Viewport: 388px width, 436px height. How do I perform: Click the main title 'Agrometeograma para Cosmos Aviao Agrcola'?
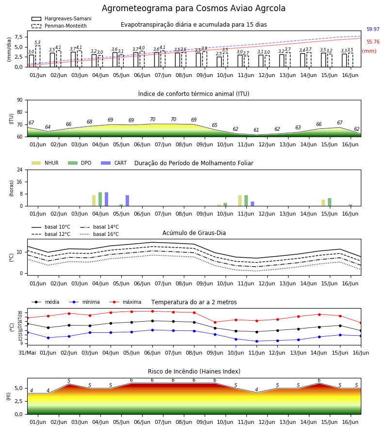pyautogui.click(x=194, y=8)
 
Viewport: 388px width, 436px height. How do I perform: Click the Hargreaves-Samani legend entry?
pyautogui.click(x=62, y=18)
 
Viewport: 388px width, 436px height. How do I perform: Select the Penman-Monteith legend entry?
pyautogui.click(x=59, y=26)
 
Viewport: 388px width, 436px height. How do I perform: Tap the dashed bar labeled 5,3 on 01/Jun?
pyautogui.click(x=38, y=57)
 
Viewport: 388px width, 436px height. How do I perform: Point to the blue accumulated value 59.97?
pyautogui.click(x=373, y=29)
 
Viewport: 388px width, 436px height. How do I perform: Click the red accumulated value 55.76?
pyautogui.click(x=373, y=42)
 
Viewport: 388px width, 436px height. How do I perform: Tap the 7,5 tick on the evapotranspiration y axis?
pyautogui.click(x=18, y=37)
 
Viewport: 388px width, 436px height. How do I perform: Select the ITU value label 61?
pyautogui.click(x=256, y=130)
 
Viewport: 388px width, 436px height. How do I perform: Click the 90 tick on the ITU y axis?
pyautogui.click(x=20, y=100)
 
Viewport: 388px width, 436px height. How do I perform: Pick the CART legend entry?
pyautogui.click(x=114, y=163)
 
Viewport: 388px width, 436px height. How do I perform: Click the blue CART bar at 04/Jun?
pyautogui.click(x=107, y=199)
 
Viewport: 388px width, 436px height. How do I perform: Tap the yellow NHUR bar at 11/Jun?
pyautogui.click(x=240, y=201)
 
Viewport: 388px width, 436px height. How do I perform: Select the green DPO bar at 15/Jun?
pyautogui.click(x=329, y=202)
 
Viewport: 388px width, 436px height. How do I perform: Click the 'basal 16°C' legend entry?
pyautogui.click(x=99, y=234)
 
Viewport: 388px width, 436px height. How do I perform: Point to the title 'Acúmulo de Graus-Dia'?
pyautogui.click(x=194, y=233)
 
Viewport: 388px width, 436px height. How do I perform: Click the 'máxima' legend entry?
pyautogui.click(x=125, y=302)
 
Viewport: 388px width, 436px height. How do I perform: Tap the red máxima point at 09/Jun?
pyautogui.click(x=215, y=322)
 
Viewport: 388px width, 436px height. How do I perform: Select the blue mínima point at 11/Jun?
pyautogui.click(x=257, y=341)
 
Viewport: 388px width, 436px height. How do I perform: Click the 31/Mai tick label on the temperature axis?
pyautogui.click(x=27, y=353)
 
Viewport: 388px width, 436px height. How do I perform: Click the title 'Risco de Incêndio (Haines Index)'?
pyautogui.click(x=194, y=372)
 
